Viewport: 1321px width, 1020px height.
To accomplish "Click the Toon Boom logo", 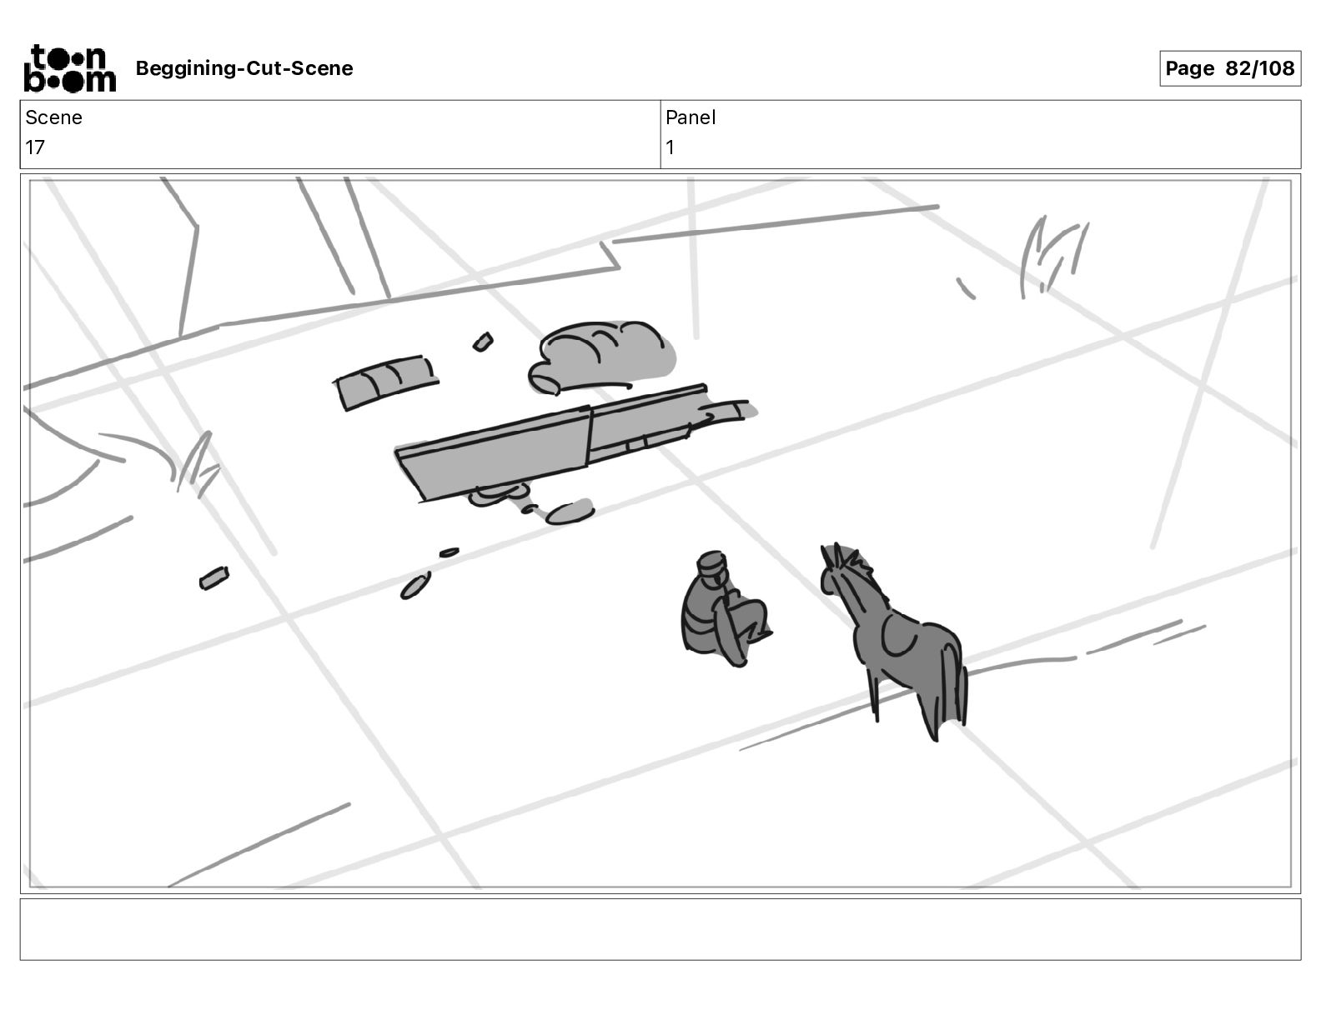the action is point(69,68).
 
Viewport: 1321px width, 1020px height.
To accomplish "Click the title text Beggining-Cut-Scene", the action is point(244,68).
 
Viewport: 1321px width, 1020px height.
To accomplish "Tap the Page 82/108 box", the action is point(1229,68).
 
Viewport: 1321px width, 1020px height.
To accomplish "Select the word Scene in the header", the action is point(53,117).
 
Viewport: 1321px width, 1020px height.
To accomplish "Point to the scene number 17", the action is point(35,147).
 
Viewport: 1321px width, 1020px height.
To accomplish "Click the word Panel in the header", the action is point(690,117).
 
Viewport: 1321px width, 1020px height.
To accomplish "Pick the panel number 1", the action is point(670,147).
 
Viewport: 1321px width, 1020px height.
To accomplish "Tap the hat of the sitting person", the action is point(711,563).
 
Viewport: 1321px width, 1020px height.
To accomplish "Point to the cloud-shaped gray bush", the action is point(602,357).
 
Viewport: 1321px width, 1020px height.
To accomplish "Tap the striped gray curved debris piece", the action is point(386,382).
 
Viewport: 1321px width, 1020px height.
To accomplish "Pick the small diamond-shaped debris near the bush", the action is point(484,342).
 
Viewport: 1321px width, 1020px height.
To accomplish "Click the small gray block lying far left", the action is point(214,577).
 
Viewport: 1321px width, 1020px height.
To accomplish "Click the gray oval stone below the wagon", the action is point(570,513).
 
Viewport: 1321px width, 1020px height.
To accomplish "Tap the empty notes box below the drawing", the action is point(660,929).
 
